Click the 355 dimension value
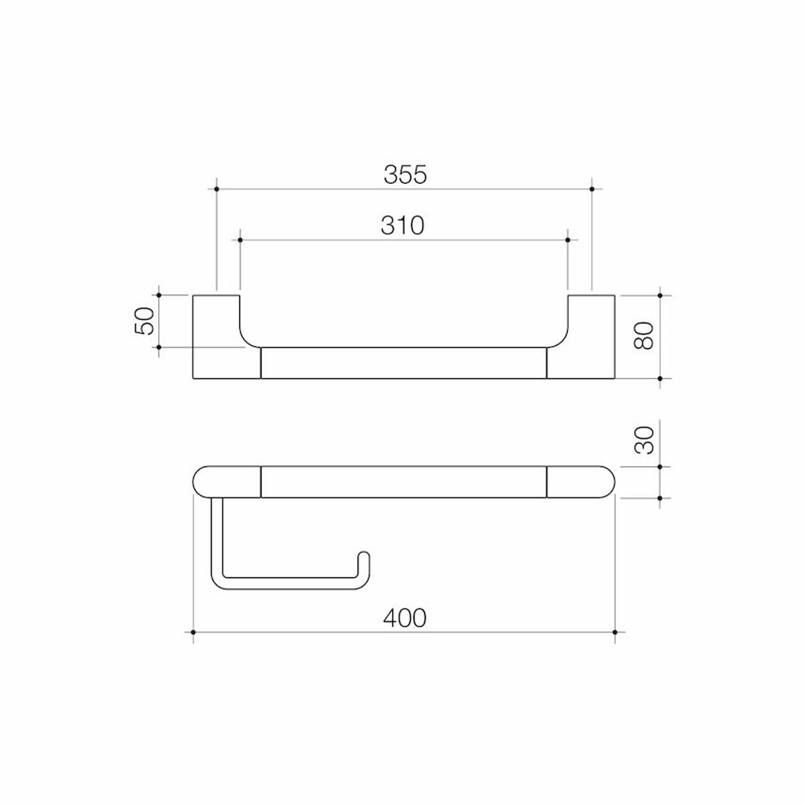[405, 174]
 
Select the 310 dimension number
[402, 225]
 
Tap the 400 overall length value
[404, 618]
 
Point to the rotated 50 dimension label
[146, 321]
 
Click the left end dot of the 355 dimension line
[217, 189]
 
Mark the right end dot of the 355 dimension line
[592, 189]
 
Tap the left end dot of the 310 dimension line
[240, 240]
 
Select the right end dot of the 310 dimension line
[568, 240]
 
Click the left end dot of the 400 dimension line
[193, 633]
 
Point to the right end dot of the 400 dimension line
[615, 633]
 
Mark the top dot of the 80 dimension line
[660, 295]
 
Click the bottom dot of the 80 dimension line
[660, 378]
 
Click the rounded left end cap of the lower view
[226, 482]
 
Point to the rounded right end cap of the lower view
[581, 482]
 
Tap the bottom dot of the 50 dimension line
[159, 347]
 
